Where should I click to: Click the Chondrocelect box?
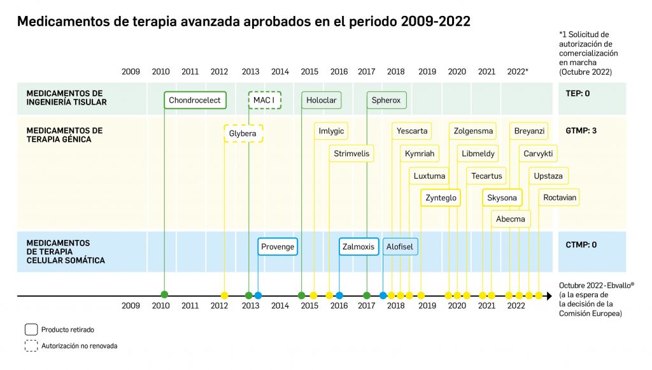pos(195,100)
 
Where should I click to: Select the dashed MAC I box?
pos(264,100)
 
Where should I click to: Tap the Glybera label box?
pos(243,133)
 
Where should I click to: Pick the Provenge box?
pos(278,247)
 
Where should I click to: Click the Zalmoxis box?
pos(358,247)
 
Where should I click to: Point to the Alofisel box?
pos(400,247)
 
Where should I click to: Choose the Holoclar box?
pos(321,100)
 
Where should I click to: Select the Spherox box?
pos(386,100)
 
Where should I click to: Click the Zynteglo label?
pos(440,198)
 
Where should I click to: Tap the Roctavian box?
pos(560,198)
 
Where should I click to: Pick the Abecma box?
pos(511,219)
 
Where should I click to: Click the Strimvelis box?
pos(351,154)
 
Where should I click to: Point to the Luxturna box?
pos(430,176)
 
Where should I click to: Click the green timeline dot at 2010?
pos(164,295)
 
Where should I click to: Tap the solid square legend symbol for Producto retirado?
pos(31,330)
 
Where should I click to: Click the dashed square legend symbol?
pos(31,346)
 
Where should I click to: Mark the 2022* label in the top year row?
pos(518,71)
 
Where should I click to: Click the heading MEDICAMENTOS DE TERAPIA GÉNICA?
pos(64,135)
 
